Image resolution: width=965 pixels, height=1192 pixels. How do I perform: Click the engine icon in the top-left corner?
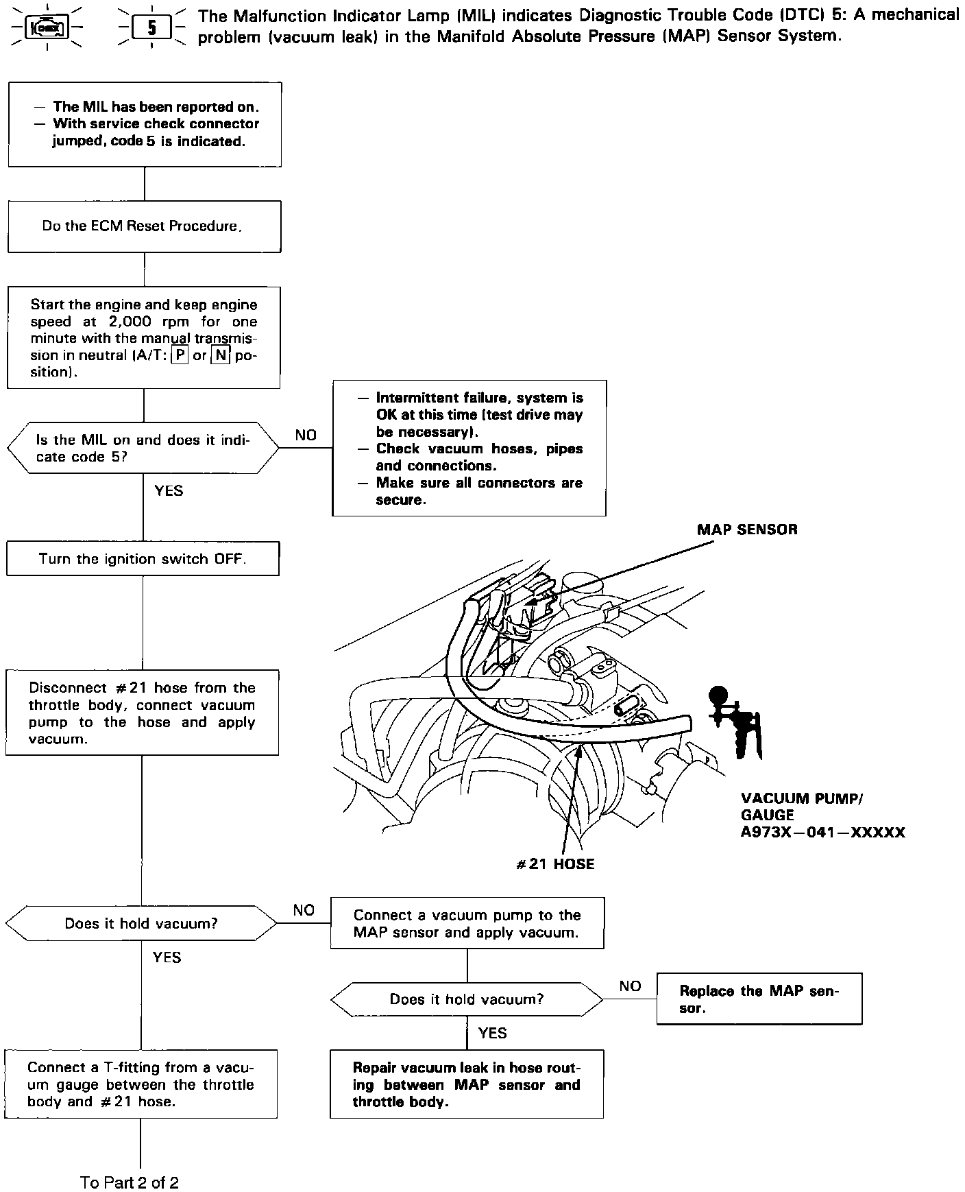[47, 27]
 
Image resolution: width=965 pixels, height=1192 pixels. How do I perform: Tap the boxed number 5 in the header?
[151, 28]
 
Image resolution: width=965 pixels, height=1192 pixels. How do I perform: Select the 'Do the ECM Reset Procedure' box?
[144, 226]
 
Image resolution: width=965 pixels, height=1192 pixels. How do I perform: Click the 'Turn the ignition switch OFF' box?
[143, 558]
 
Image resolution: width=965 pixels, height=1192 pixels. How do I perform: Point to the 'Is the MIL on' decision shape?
[143, 448]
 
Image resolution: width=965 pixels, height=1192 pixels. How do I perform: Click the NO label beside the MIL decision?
[306, 435]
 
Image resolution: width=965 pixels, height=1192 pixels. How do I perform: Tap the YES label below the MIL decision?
[169, 490]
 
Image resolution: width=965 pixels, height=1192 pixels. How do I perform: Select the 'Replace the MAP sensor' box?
[759, 999]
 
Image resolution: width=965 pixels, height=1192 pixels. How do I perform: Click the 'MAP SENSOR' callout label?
[747, 529]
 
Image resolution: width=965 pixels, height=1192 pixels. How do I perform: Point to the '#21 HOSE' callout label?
[555, 864]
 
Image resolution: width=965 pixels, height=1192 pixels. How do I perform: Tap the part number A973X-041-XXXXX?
[823, 833]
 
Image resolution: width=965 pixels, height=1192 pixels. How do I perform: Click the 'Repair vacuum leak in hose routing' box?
[466, 1084]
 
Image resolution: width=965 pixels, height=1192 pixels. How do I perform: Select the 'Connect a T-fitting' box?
[141, 1084]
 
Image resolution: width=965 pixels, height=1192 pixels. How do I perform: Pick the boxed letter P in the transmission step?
[180, 356]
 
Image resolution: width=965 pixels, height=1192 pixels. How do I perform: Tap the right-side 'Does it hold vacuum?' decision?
[467, 999]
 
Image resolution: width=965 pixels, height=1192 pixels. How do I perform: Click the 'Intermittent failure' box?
[469, 448]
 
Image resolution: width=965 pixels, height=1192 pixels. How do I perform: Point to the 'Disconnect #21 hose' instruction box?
[142, 713]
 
